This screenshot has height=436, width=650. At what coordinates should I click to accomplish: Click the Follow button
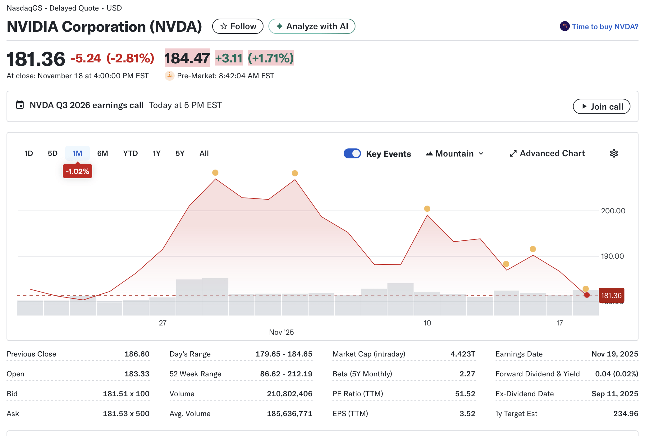tap(238, 26)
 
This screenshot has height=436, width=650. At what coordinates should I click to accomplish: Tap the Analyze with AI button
tap(312, 26)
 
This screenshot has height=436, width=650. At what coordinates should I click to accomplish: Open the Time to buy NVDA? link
tap(605, 27)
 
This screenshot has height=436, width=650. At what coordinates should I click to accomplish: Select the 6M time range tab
tap(103, 153)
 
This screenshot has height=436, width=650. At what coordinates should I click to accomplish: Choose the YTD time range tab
tap(130, 153)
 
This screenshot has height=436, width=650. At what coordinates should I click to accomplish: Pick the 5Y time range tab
tap(180, 153)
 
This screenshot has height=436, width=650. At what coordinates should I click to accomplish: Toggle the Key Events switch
tap(352, 153)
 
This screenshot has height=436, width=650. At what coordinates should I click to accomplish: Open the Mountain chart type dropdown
tap(455, 154)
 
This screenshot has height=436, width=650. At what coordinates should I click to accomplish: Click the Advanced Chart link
tap(547, 153)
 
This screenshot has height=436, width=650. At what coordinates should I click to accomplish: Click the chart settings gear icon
tap(614, 153)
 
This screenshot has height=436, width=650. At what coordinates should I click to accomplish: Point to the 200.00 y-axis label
tap(613, 211)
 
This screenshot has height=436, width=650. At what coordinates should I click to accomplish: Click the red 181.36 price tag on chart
tap(611, 295)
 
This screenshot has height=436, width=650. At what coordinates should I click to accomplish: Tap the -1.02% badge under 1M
tap(77, 171)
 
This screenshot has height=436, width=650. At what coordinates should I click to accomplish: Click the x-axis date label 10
tap(427, 323)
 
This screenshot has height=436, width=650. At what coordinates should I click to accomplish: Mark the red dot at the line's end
tap(587, 295)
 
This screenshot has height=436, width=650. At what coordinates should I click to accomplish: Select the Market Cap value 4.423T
tap(463, 354)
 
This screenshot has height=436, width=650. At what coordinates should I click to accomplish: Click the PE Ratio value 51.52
tap(465, 394)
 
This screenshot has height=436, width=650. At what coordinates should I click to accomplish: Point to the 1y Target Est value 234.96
tap(625, 414)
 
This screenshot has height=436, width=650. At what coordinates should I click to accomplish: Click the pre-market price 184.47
tap(187, 58)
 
